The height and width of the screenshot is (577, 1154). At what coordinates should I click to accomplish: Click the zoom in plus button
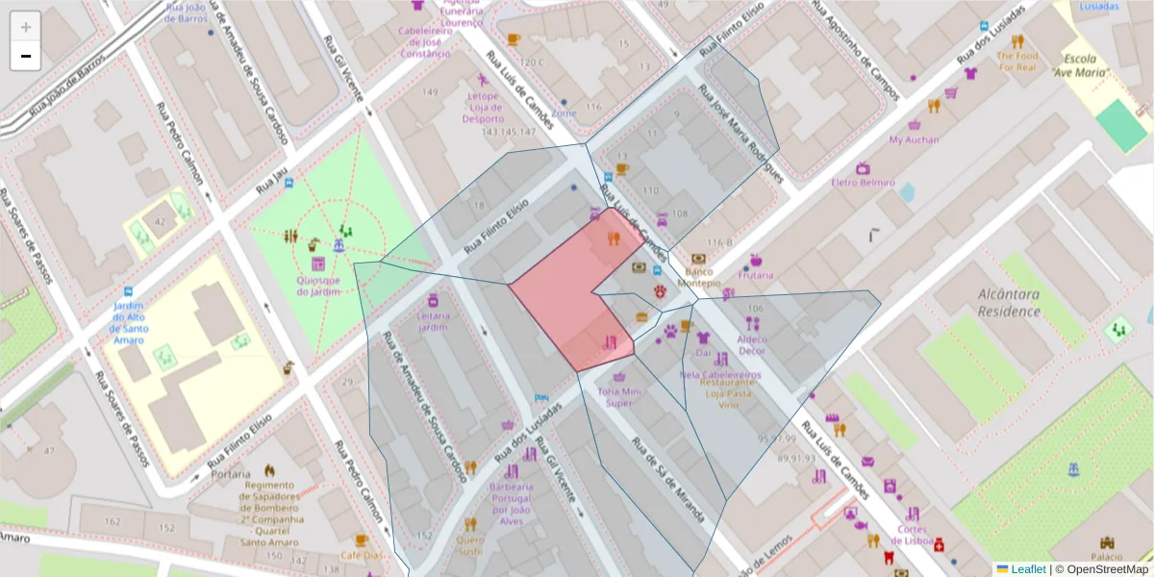[x=26, y=27]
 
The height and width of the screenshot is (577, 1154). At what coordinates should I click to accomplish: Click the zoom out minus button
[x=26, y=56]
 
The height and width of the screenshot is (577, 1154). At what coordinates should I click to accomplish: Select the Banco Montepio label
[x=698, y=277]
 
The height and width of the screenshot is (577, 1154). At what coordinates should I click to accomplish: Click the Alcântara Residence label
[x=1008, y=303]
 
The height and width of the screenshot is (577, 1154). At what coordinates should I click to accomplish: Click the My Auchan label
[x=914, y=139]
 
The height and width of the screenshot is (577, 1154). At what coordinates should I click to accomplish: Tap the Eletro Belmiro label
[x=863, y=182]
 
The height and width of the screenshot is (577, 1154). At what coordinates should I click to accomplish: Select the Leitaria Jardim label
[x=433, y=321]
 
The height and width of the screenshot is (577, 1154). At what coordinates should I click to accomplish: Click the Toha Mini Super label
[x=618, y=397]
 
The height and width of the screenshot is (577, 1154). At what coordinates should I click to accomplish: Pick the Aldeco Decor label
[x=752, y=345]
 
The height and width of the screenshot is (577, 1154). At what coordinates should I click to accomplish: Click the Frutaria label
[x=756, y=274]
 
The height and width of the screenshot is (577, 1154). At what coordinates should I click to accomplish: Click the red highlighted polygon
[x=567, y=298]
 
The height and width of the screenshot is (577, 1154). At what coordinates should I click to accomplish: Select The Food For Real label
[x=1016, y=62]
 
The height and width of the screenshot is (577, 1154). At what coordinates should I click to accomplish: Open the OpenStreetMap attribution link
[x=1106, y=569]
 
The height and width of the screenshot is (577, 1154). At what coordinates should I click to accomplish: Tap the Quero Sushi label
[x=470, y=544]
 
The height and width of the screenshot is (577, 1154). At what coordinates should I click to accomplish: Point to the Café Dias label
[x=361, y=555]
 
